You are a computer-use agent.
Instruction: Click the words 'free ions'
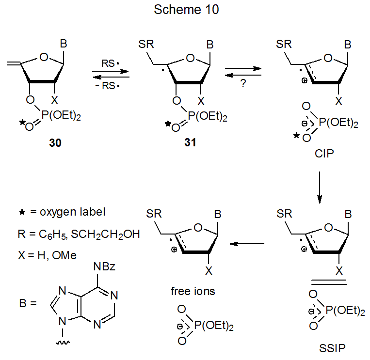coord(193,292)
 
